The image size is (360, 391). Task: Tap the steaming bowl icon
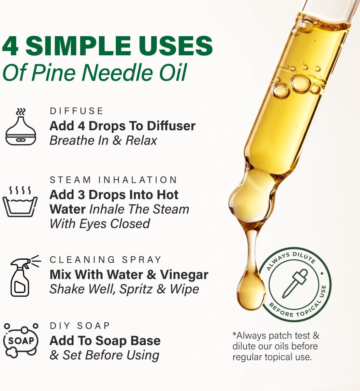[20, 201]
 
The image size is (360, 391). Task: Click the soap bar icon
[21, 341]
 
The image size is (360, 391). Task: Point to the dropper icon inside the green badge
[295, 283]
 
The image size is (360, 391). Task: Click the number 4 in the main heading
[10, 46]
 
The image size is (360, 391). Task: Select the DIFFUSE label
[77, 111]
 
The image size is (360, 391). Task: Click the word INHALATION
[137, 180]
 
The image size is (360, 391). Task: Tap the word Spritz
[136, 289]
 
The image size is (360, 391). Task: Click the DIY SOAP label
[80, 326]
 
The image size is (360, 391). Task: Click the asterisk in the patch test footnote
[234, 334]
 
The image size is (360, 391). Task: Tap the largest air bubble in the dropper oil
[300, 84]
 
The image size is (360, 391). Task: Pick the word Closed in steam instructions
[130, 224]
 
